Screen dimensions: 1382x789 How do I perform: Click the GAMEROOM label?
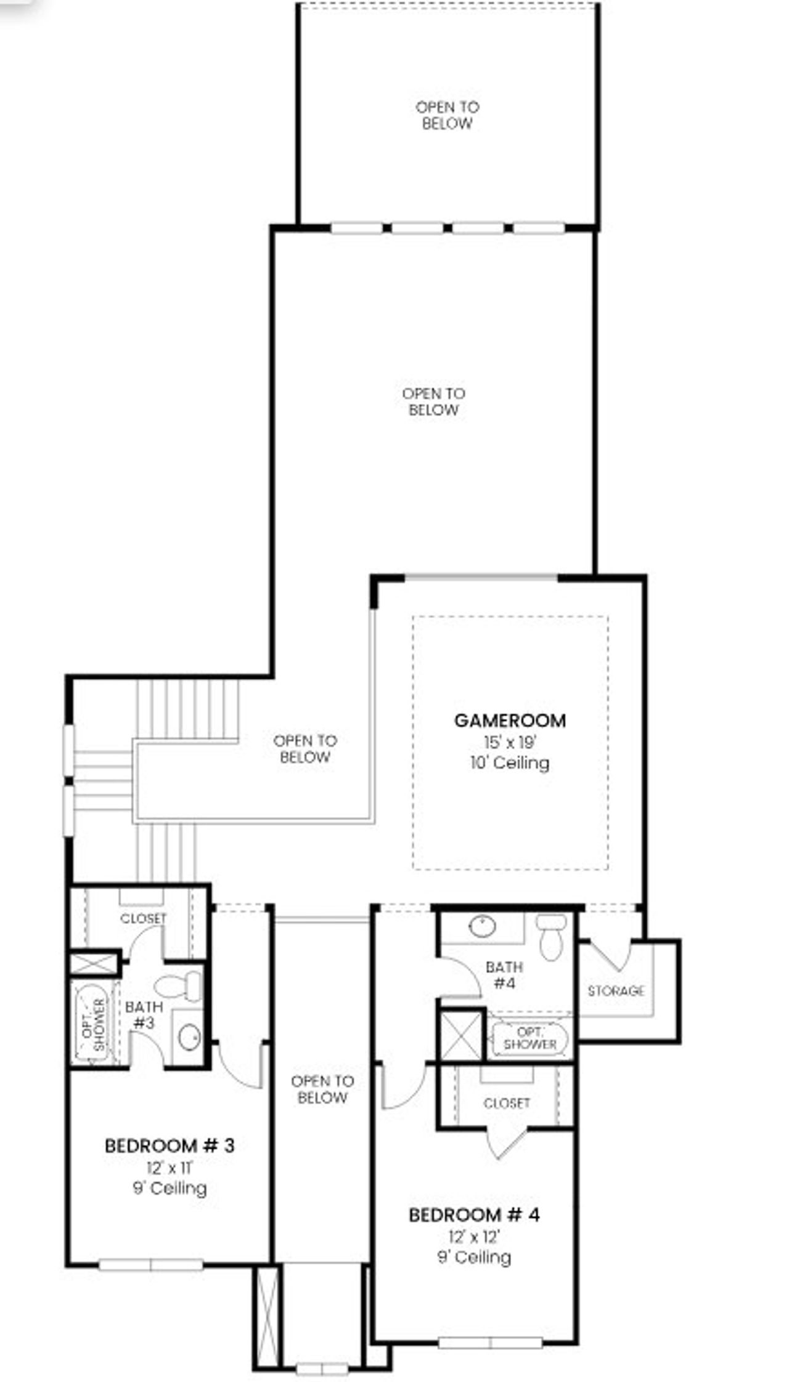[x=510, y=721]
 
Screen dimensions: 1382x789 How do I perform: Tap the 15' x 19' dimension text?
[x=510, y=742]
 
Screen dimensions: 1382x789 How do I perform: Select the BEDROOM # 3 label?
[x=170, y=1146]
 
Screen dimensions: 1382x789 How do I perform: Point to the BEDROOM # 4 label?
[x=474, y=1215]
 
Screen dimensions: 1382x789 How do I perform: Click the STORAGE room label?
[x=616, y=991]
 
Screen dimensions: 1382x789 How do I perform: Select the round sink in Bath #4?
[x=483, y=926]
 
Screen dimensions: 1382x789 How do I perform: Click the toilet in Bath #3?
[x=179, y=986]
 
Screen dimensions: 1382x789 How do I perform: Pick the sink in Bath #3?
[x=189, y=1037]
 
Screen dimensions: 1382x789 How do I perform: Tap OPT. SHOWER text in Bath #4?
[x=529, y=1038]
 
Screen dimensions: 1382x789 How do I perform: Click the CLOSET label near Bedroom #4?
[x=507, y=1103]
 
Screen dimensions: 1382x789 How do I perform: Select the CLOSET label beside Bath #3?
[x=143, y=918]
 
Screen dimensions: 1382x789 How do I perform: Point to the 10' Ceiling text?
[x=510, y=763]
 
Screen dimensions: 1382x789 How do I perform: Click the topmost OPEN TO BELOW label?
[x=447, y=115]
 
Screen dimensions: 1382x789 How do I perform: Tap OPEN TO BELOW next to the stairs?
[x=305, y=748]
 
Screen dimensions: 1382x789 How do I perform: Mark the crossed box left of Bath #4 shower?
[x=461, y=1035]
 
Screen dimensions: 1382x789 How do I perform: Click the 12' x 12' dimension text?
[x=474, y=1237]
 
